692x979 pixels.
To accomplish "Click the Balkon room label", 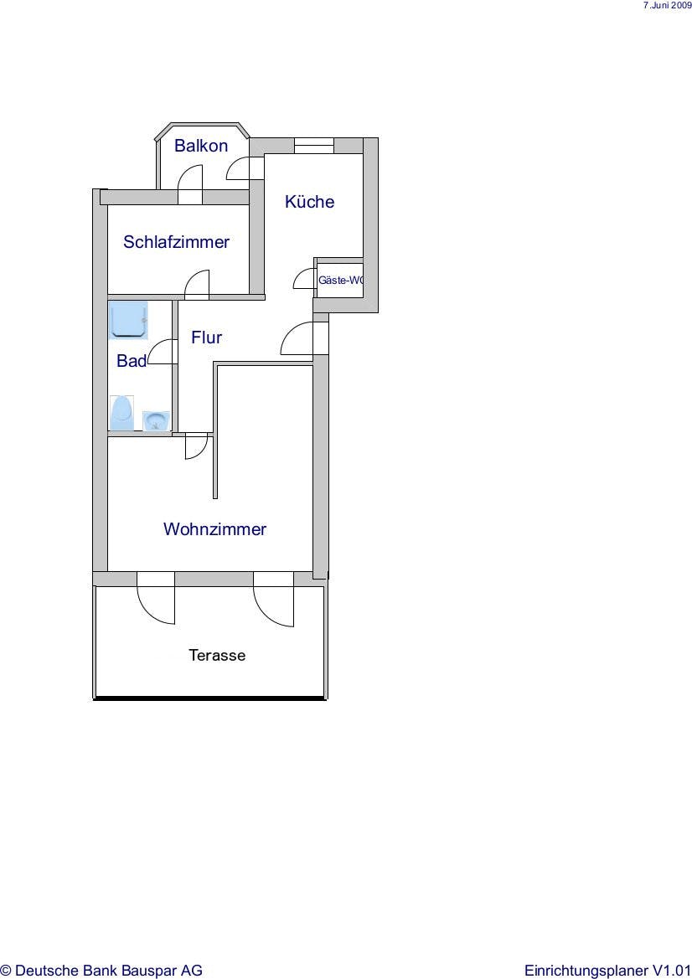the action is click(x=200, y=146).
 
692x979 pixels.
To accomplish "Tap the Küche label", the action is click(x=309, y=201).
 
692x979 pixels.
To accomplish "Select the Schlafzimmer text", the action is click(x=176, y=242).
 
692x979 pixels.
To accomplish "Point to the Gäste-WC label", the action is click(x=340, y=280).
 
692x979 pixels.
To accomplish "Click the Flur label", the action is click(x=207, y=337).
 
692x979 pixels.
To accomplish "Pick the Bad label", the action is click(x=132, y=361).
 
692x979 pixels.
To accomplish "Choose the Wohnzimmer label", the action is click(x=214, y=528).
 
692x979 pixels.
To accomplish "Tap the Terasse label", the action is click(x=217, y=655).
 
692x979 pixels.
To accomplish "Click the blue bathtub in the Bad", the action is click(x=129, y=320).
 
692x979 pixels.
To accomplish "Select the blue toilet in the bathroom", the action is click(x=121, y=413).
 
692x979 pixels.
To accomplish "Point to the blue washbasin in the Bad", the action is click(x=156, y=420).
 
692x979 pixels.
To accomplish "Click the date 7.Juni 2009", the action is click(x=667, y=5).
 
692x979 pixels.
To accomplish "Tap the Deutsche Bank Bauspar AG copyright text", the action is click(x=101, y=971).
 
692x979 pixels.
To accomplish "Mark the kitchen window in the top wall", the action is click(x=314, y=146).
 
